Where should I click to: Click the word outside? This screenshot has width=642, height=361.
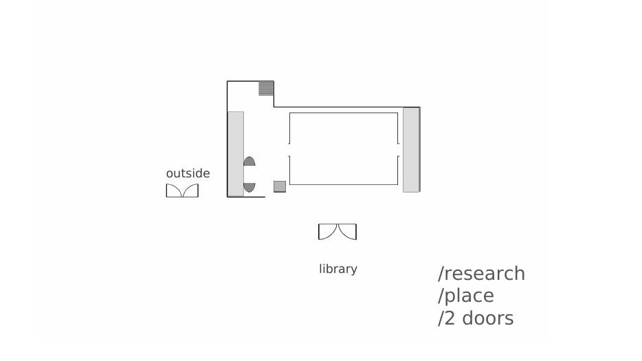188,173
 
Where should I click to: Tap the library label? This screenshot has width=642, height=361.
338,269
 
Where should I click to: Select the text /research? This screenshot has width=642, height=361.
481,274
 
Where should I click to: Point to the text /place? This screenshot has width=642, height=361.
466,296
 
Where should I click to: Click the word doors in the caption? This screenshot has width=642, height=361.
487,318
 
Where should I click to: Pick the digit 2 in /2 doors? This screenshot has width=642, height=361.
450,318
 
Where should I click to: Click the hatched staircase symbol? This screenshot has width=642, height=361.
266,88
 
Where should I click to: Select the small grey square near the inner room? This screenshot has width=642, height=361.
280,186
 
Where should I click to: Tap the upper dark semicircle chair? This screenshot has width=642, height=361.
250,162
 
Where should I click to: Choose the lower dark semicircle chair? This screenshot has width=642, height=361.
250,187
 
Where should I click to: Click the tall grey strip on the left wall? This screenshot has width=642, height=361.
236,153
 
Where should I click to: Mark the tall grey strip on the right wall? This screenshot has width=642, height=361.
411,150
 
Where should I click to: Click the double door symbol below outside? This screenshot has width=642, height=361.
182,190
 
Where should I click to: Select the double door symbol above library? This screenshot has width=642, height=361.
337,232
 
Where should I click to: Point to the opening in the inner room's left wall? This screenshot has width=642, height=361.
289,150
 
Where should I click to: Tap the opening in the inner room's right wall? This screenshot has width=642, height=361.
398,150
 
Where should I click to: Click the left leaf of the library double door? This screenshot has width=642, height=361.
328,232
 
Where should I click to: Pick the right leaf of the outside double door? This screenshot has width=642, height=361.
191,190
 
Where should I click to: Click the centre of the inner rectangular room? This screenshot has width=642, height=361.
344,149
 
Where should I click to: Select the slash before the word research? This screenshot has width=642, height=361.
441,274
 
